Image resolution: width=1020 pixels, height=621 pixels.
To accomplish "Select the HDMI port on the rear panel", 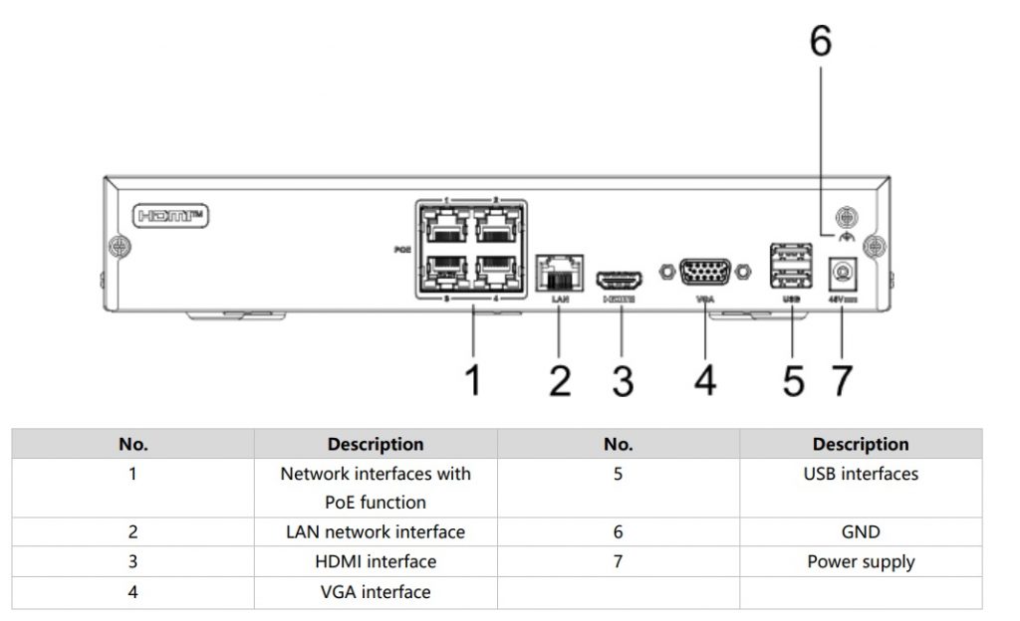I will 619,280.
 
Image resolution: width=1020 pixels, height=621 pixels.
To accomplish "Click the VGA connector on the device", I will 705,272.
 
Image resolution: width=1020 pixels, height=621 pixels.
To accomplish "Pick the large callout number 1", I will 474,379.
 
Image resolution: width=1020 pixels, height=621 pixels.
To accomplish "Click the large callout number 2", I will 560,379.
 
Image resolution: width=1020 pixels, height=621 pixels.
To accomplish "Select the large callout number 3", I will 623,379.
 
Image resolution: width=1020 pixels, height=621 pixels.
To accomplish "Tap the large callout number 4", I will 705,379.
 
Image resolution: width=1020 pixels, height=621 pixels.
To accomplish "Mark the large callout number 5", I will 793,379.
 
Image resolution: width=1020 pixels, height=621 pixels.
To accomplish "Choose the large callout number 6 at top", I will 819,41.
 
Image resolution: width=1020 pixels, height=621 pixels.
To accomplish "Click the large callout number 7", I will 843,379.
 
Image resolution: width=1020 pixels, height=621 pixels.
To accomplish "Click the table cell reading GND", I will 861,532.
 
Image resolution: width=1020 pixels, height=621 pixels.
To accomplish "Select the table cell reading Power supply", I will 861,562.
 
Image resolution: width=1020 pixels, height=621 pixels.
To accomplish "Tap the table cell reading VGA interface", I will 376,592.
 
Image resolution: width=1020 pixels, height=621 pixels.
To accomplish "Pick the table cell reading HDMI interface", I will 376,562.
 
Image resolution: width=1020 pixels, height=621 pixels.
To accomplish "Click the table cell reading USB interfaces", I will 861,475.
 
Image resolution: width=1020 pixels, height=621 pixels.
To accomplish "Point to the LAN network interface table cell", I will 376,532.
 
